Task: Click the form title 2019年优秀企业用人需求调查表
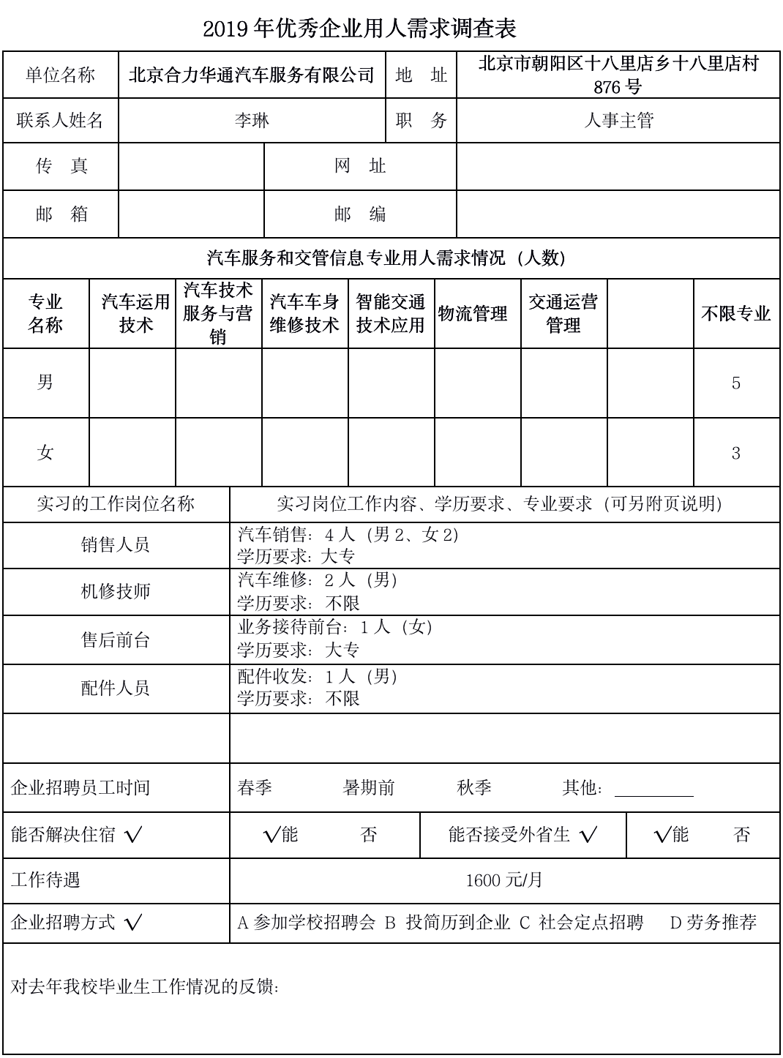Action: pos(359,29)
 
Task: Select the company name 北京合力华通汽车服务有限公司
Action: pos(252,75)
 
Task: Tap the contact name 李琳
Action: pos(252,121)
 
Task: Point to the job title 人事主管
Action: pos(618,121)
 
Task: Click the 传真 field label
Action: pos(61,167)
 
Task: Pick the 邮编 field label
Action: pos(359,214)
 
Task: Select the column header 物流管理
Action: pos(473,314)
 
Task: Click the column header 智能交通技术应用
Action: pos(391,314)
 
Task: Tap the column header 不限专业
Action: pos(735,314)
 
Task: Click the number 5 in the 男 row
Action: pos(735,383)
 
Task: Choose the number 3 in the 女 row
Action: pos(735,454)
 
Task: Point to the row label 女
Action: pos(45,453)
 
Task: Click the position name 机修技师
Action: pos(116,591)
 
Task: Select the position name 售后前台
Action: pos(116,640)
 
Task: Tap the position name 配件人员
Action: pos(116,688)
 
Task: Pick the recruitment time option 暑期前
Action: pos(368,788)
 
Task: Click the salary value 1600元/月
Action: pos(504,880)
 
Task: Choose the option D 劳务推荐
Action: pos(713,923)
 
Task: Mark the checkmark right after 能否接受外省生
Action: pos(588,835)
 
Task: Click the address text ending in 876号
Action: pos(618,75)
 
